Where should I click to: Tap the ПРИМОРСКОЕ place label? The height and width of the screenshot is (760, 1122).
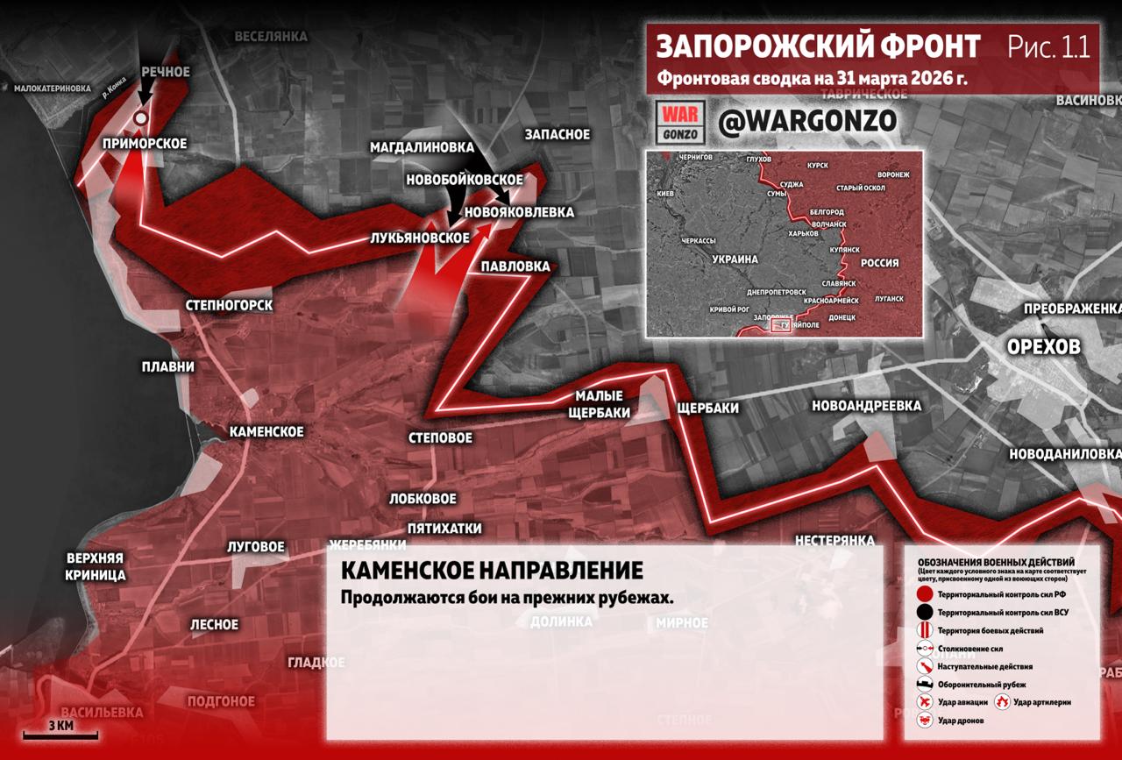145,144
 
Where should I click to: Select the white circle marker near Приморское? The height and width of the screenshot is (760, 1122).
141,118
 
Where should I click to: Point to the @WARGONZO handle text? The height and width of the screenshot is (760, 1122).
806,122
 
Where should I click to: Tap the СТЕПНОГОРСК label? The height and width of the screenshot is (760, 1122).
230,305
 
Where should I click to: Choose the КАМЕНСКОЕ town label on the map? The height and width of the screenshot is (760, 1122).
266,431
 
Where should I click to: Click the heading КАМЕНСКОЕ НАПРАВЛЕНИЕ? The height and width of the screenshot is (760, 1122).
491,571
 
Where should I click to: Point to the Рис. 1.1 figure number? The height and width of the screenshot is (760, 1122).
1047,46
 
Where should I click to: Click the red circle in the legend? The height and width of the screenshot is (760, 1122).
924,594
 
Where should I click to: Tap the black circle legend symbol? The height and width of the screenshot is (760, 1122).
924,613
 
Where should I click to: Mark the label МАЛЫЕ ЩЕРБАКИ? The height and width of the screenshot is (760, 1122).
599,405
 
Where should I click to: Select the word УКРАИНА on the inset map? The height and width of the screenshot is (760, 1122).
735,260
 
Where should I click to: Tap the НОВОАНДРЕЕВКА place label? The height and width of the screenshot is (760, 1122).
867,406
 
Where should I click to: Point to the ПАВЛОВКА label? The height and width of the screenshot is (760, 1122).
516,266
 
